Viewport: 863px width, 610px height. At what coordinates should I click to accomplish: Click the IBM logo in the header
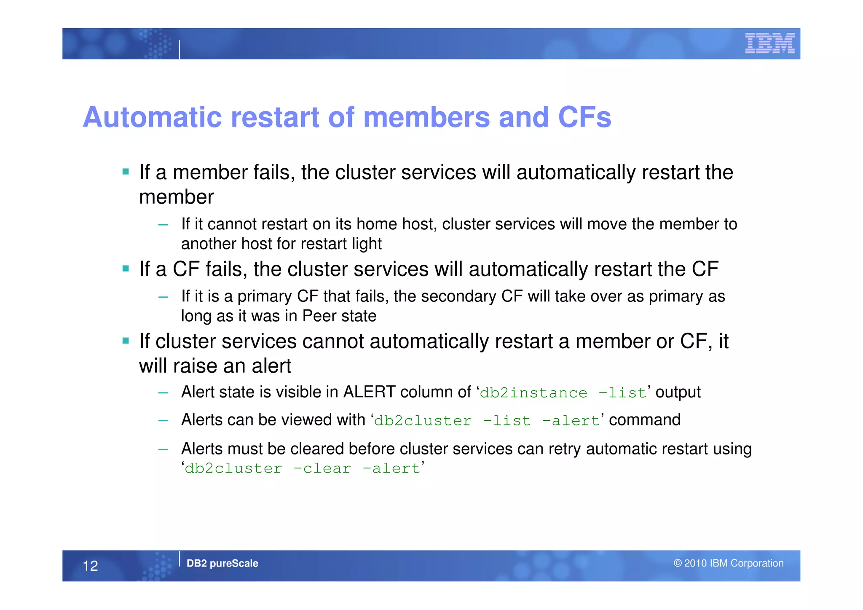pos(769,43)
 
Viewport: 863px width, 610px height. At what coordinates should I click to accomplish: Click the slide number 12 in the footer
pos(90,566)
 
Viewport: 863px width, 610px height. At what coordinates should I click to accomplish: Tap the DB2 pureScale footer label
pos(222,563)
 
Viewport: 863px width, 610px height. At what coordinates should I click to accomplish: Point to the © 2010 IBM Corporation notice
pos(728,563)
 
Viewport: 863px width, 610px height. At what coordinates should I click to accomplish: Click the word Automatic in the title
pos(152,117)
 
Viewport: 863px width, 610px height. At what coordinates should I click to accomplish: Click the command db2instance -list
pos(563,393)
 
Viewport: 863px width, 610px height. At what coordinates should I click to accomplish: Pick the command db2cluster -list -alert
pos(487,421)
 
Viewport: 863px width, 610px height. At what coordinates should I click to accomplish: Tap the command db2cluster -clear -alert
pos(302,468)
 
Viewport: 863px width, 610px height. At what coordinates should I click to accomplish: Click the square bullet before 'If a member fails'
pos(126,172)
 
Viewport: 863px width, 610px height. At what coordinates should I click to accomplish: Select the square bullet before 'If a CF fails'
pos(126,269)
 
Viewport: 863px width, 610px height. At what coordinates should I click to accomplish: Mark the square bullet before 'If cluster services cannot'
pos(126,340)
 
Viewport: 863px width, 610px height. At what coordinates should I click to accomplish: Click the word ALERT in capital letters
pos(370,392)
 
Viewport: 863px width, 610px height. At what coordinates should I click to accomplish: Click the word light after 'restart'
pos(368,244)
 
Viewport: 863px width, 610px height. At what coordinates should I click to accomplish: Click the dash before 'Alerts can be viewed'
pos(163,420)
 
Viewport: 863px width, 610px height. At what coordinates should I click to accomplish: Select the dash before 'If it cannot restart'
pos(163,225)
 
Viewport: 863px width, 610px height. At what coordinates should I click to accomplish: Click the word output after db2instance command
pos(678,392)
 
